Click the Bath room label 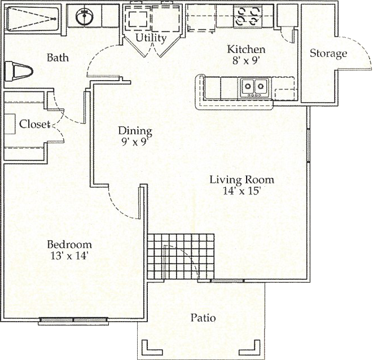[58, 58]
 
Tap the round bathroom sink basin [84, 17]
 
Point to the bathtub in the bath [32, 19]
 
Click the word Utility [151, 38]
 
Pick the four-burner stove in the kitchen [248, 16]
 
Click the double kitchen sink [254, 87]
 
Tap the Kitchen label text [246, 49]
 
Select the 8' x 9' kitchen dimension [245, 61]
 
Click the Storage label [328, 54]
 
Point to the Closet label [34, 124]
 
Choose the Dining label [135, 131]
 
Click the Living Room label [242, 179]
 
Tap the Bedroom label [69, 244]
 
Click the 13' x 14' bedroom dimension [69, 256]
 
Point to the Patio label [203, 318]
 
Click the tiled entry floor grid [181, 256]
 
